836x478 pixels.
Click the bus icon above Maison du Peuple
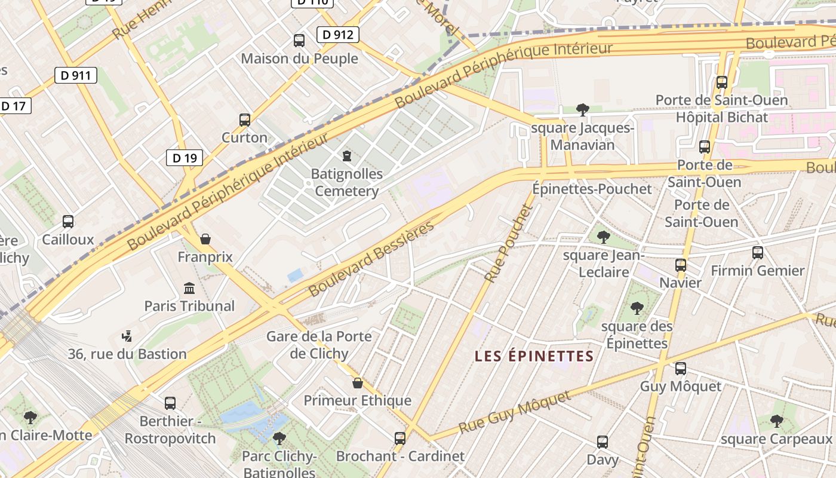[x=299, y=41]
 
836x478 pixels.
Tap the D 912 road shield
[x=337, y=35]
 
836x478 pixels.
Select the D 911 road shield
[x=75, y=75]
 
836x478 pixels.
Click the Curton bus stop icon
[x=245, y=120]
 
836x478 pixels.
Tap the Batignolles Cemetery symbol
[x=346, y=157]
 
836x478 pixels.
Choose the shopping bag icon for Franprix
[x=205, y=240]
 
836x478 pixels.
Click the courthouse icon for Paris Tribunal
[x=189, y=288]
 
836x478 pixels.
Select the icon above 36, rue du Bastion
[x=127, y=336]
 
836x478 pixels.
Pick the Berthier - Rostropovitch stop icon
[x=170, y=403]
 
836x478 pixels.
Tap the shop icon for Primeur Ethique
[x=358, y=383]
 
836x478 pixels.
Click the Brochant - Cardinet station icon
[x=400, y=439]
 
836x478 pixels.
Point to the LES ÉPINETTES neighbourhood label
[x=534, y=357]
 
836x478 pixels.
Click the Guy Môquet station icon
[x=681, y=369]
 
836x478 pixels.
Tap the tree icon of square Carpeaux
[x=776, y=422]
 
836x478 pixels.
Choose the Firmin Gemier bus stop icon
[x=758, y=253]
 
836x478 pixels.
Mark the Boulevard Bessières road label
[x=371, y=260]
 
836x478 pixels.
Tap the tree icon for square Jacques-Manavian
[x=583, y=110]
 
